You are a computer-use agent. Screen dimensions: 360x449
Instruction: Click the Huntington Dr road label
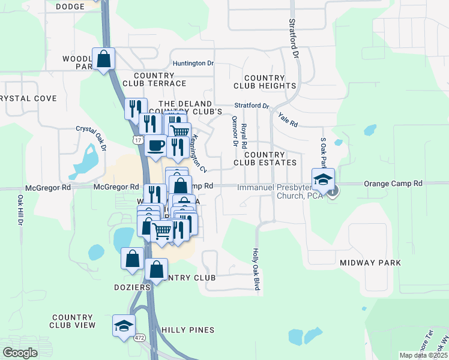tap(193, 63)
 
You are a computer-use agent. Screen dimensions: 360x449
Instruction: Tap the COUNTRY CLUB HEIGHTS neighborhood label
tap(270, 82)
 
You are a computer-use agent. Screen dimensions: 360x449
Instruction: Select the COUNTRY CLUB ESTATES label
tap(265, 159)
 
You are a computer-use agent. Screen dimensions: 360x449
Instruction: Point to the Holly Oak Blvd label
tap(256, 270)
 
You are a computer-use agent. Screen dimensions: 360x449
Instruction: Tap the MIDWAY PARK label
tap(370, 263)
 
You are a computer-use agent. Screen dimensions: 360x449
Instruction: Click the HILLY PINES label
tap(187, 330)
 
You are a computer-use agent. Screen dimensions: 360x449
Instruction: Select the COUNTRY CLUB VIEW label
tap(74, 321)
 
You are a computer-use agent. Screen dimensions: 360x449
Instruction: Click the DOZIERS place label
tap(132, 287)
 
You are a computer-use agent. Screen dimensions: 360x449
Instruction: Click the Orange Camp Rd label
tap(393, 183)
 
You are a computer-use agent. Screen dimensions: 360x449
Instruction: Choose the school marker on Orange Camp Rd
tap(323, 179)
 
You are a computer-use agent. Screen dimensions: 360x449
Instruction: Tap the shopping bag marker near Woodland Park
tap(103, 58)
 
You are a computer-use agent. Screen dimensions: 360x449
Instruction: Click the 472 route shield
tap(139, 337)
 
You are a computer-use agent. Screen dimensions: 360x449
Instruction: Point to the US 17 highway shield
tap(139, 140)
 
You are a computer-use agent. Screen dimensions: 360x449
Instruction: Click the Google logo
tap(20, 353)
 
